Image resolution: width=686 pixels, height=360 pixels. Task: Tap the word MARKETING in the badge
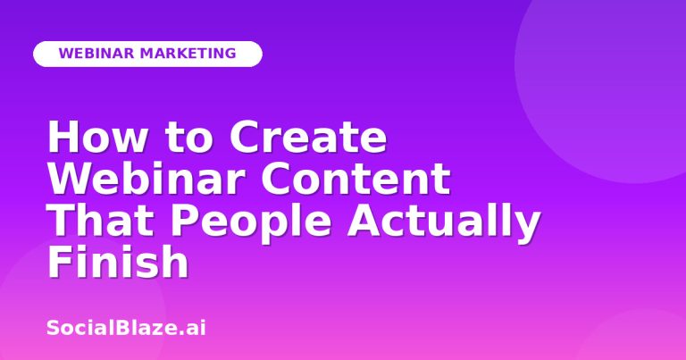[188, 54]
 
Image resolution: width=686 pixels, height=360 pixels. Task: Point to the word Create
[308, 137]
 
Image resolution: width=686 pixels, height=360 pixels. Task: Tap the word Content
[356, 178]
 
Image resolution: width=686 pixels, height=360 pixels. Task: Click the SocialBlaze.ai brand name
[126, 328]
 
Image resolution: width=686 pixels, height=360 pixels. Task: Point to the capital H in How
[63, 137]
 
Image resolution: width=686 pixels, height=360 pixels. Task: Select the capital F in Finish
[59, 261]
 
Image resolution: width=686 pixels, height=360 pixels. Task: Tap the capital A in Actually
[364, 220]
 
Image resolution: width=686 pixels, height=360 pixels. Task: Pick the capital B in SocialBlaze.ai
[122, 328]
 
